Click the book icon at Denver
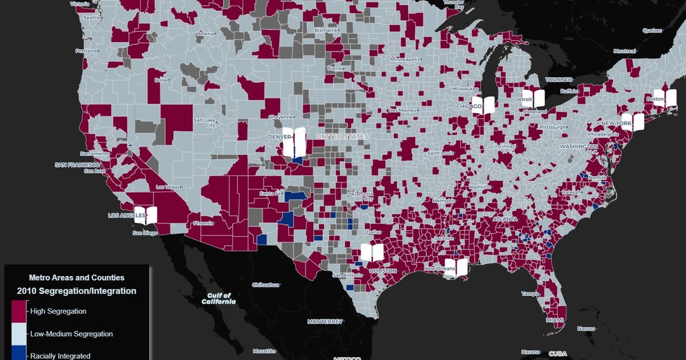pos(295,142)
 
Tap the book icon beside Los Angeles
pos(146,215)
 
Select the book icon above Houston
pos(372,252)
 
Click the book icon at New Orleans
pos(457,266)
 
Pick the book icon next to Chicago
pos(483,105)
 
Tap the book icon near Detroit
pos(534,98)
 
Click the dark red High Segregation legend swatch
pos(19,311)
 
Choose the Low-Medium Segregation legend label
pos(71,334)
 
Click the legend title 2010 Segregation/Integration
pos(77,291)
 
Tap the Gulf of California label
pos(218,298)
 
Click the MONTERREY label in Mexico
pos(325,321)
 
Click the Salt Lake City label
pos(204,122)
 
